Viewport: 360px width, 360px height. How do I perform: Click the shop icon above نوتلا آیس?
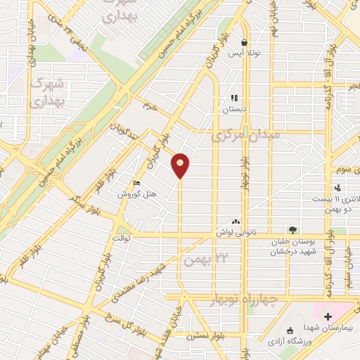pos(243,41)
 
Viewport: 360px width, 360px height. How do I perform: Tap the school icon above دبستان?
pos(235,98)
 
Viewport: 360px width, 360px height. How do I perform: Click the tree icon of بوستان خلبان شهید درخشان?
pos(292,230)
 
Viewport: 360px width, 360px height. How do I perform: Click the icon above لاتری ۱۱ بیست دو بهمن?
pos(338,188)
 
